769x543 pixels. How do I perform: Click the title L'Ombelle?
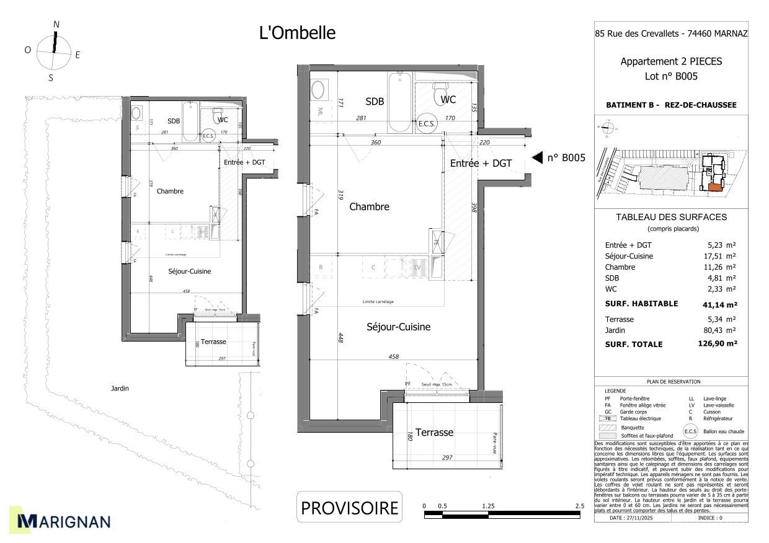(x=297, y=33)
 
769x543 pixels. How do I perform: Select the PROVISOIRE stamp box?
(x=349, y=508)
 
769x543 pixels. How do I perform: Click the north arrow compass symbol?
(x=54, y=52)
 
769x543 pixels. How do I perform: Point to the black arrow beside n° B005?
(x=538, y=157)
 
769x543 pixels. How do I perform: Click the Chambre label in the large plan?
(x=369, y=207)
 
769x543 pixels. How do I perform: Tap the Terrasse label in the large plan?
(x=434, y=432)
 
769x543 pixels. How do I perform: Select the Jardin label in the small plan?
(x=120, y=389)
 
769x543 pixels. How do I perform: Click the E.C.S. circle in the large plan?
(x=427, y=123)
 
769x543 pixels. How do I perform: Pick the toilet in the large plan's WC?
(x=442, y=92)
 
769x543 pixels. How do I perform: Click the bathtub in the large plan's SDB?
(x=399, y=102)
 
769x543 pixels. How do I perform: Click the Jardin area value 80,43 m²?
(x=721, y=330)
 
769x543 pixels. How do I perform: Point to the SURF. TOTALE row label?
(x=633, y=344)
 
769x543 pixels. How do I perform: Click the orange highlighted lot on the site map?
(x=714, y=187)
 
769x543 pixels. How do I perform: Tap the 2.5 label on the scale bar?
(x=579, y=506)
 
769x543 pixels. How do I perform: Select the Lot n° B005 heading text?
(x=671, y=76)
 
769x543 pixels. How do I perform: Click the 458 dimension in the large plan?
(x=393, y=356)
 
